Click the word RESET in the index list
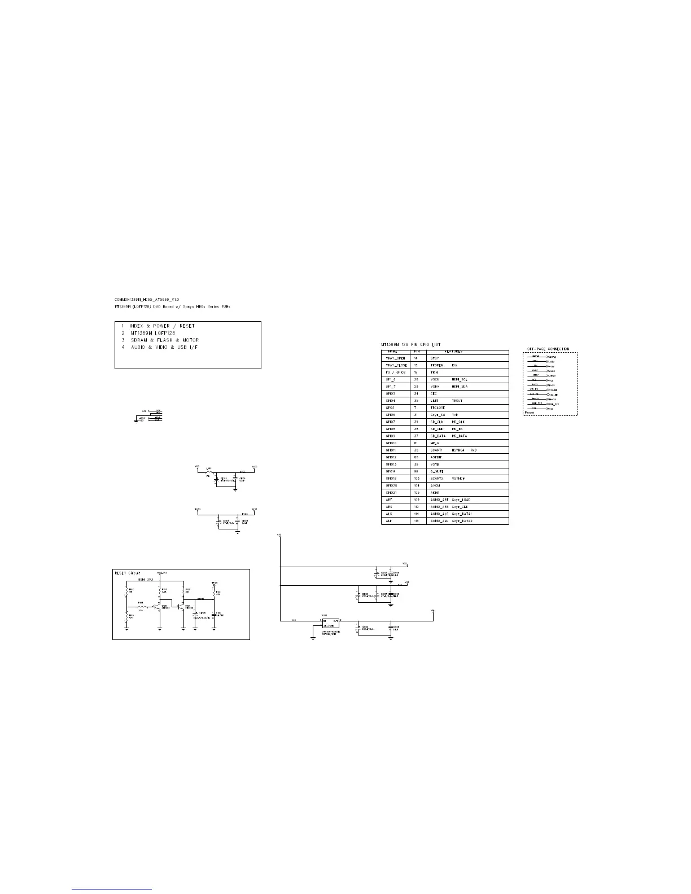tap(187, 326)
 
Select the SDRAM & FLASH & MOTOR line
tap(164, 340)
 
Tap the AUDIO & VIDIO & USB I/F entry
tap(164, 347)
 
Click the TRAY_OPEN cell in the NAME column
tap(395, 358)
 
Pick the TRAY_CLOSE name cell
tap(396, 365)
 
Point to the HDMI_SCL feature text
tap(460, 379)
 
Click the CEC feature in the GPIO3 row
tap(434, 393)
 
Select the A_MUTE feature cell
tap(437, 471)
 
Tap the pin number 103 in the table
tap(417, 478)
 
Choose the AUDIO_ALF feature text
tap(439, 521)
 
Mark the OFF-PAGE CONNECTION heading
tap(548, 349)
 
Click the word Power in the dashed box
tap(530, 413)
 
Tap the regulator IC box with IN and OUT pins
tap(330, 623)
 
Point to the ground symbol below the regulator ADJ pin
tap(313, 638)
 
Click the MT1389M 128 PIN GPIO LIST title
tap(411, 344)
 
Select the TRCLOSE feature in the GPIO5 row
tap(438, 407)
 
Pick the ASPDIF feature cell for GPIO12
tap(436, 457)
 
